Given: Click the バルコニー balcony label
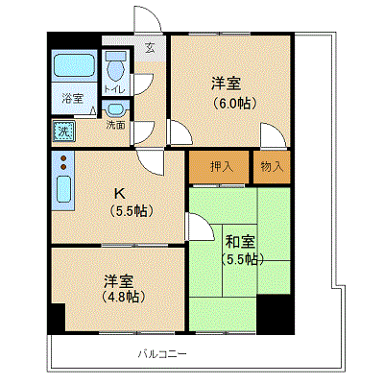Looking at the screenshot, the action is click(x=162, y=354).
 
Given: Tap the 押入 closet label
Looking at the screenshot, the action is click(x=222, y=166).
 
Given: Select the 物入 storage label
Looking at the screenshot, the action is click(x=273, y=166).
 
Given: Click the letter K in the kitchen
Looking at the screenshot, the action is click(x=120, y=193).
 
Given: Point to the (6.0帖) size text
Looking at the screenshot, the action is click(x=235, y=103).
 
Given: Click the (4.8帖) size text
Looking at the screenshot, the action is click(x=124, y=297).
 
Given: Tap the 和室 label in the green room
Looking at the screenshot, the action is click(x=240, y=242).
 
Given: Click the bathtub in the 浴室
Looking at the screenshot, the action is click(x=74, y=65).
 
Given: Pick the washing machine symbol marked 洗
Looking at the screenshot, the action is click(x=64, y=132).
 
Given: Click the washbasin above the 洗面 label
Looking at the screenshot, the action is click(x=115, y=110).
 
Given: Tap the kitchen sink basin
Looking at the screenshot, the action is click(x=63, y=189).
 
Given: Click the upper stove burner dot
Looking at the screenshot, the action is click(x=63, y=158).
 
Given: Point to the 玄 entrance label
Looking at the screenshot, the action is click(x=150, y=48).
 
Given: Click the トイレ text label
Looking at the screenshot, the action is click(x=114, y=89).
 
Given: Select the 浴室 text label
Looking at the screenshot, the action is click(x=73, y=98).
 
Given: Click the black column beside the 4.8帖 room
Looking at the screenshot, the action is click(x=57, y=318).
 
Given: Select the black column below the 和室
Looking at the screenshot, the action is click(x=276, y=314).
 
